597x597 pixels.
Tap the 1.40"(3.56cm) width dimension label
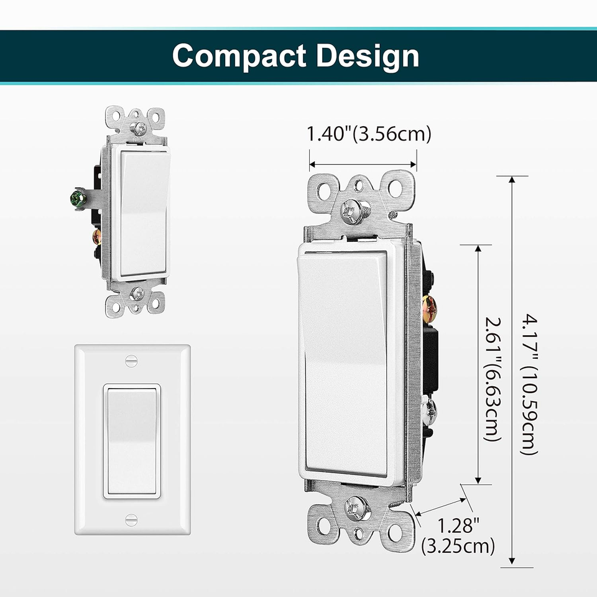[369, 134]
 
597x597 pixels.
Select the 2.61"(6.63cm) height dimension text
[491, 377]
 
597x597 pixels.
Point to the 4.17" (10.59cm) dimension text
[529, 386]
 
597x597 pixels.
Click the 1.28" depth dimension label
[457, 524]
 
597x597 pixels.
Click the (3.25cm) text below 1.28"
[458, 546]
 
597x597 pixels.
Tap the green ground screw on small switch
[78, 199]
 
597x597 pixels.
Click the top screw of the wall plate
[131, 360]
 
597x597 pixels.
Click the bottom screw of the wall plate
[131, 519]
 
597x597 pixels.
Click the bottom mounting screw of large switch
[357, 509]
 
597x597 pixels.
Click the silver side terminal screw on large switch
[429, 409]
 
